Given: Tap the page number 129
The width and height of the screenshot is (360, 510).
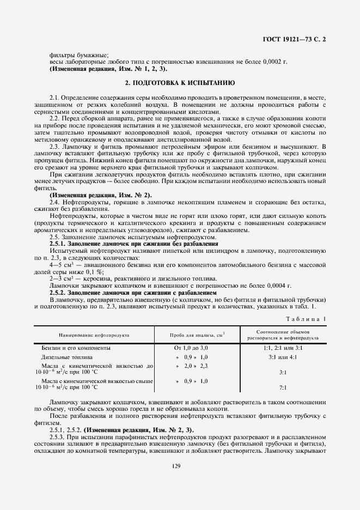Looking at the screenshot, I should (180, 466).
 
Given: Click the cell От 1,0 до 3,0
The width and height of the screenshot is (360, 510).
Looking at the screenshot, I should (191, 347).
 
